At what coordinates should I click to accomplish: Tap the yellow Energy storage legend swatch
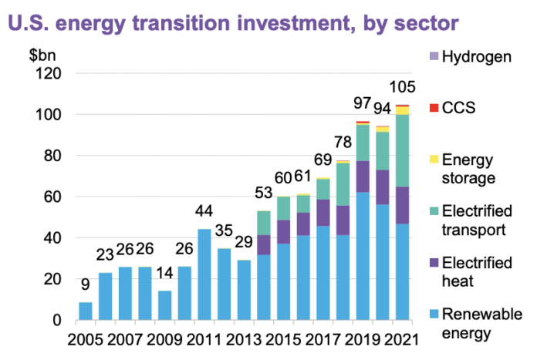[433, 159]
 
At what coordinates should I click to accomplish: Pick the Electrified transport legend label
[479, 220]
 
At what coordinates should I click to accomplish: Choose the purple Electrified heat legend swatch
[433, 263]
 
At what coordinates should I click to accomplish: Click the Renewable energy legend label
[479, 323]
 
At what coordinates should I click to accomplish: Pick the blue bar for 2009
[164, 305]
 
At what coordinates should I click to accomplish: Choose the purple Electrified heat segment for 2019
[363, 177]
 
